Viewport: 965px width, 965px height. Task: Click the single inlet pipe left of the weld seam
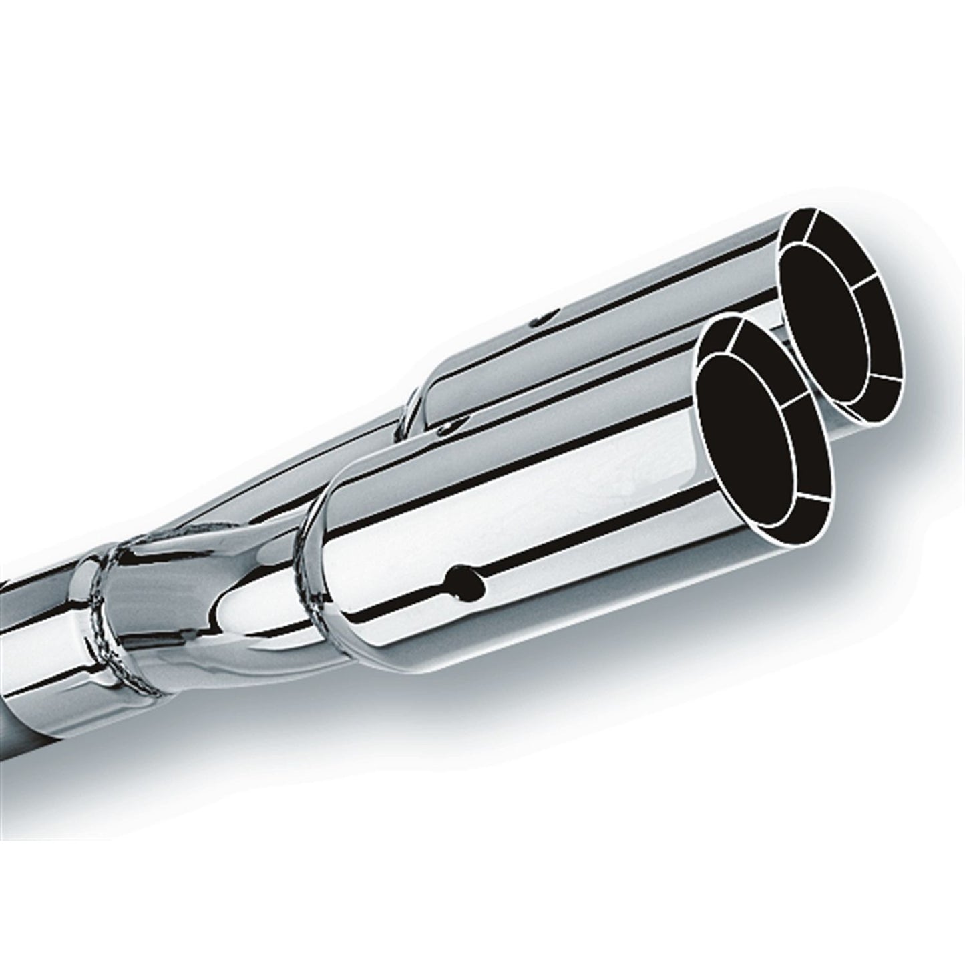[40, 634]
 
